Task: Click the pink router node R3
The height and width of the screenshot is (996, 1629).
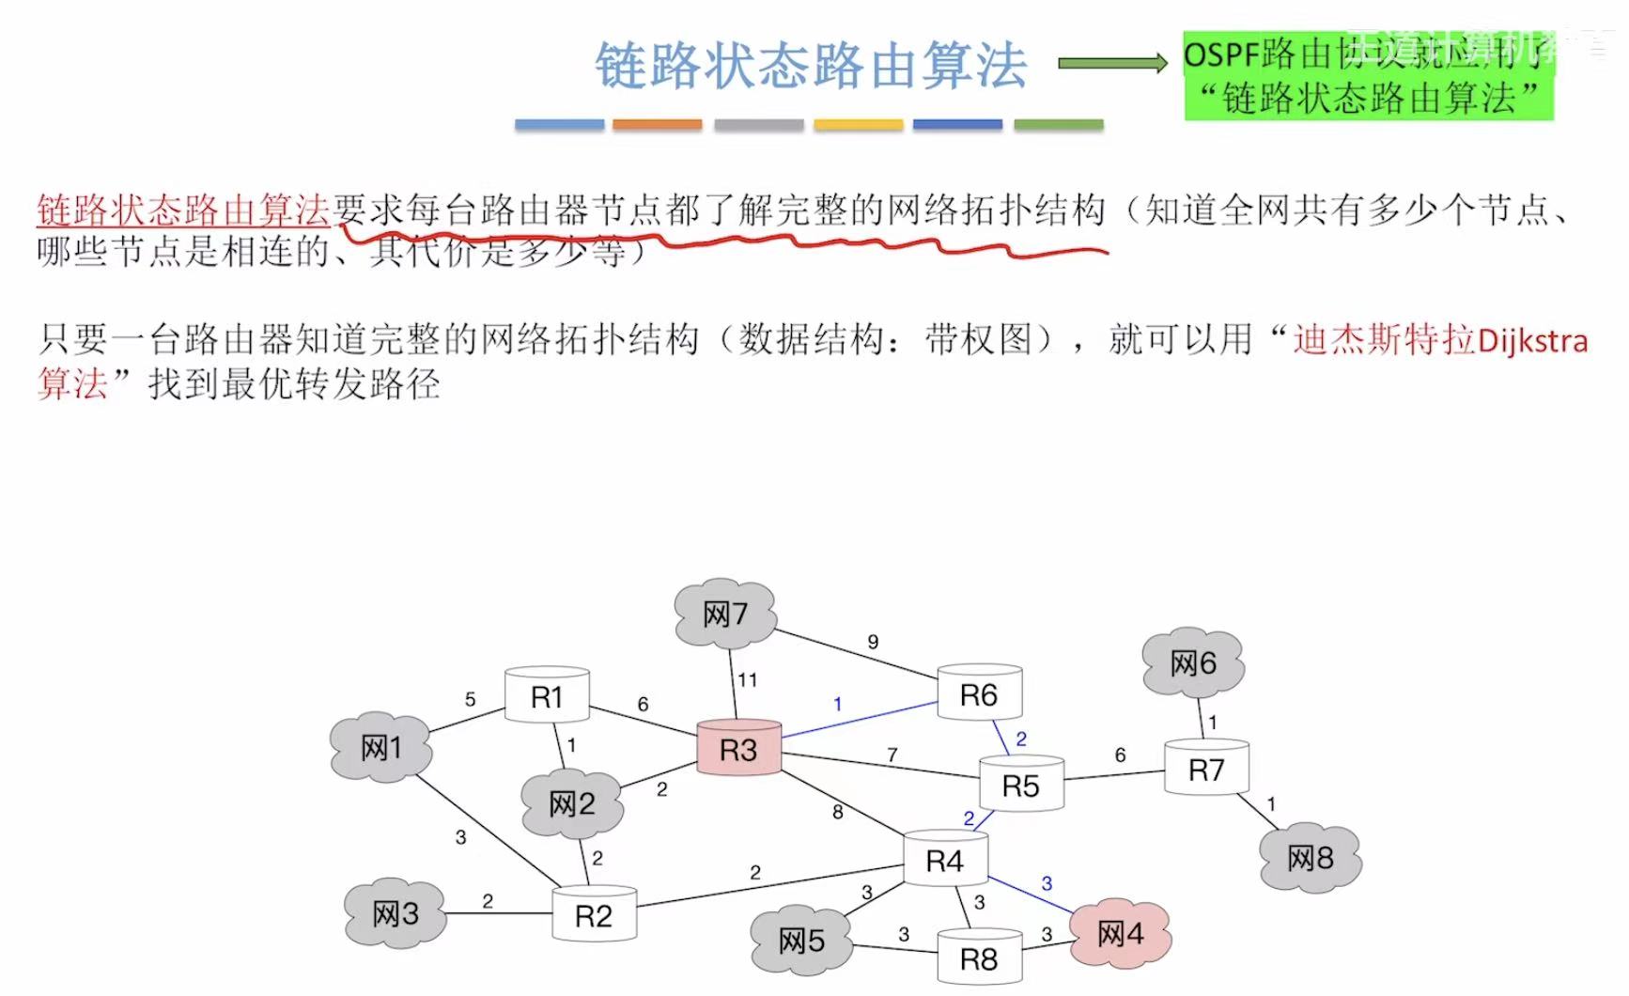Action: click(738, 749)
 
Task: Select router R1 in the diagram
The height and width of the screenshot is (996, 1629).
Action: click(547, 696)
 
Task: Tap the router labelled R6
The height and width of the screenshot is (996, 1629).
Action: click(979, 694)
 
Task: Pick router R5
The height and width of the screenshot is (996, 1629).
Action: click(1021, 785)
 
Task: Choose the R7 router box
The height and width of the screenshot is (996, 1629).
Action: click(1206, 770)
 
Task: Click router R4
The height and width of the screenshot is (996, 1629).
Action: click(945, 860)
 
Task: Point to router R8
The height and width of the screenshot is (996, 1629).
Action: click(979, 958)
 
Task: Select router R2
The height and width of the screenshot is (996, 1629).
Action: click(594, 915)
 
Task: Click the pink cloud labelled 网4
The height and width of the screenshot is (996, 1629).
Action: click(1120, 933)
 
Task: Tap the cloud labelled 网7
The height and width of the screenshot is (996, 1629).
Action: click(725, 615)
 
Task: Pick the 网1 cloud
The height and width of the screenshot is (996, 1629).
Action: click(381, 748)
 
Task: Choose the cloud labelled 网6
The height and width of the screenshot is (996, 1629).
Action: click(1193, 663)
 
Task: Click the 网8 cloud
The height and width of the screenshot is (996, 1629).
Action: click(1311, 857)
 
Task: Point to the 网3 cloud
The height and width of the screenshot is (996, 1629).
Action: click(396, 913)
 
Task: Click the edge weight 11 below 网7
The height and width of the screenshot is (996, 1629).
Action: click(748, 679)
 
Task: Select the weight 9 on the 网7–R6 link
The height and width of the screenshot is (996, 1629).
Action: click(873, 642)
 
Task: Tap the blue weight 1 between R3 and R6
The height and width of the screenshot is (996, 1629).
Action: click(838, 704)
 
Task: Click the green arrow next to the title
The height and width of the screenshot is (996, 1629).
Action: click(1112, 63)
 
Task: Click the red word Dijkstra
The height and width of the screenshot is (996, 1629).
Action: click(1532, 340)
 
